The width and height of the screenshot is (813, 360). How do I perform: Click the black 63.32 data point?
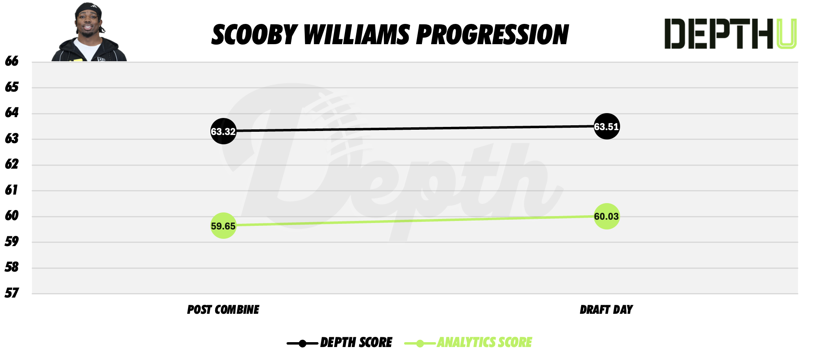223,131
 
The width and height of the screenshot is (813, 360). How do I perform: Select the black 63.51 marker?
606,126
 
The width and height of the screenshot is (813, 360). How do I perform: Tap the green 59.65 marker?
223,225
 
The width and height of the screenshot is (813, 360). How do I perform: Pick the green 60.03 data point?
606,216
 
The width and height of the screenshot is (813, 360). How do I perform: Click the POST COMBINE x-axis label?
223,310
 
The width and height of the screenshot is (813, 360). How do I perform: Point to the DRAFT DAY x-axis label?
606,310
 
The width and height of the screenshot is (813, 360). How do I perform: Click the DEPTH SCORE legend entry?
356,343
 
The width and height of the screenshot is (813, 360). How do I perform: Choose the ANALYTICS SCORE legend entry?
484,343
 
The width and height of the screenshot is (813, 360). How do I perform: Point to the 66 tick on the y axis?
12,61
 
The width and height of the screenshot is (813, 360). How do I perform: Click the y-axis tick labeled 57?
12,293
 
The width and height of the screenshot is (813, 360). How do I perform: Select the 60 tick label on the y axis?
12,216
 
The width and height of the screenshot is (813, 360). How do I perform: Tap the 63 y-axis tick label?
12,139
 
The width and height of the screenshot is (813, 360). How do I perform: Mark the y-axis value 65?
12,87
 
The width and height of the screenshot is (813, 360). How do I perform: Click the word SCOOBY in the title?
255,35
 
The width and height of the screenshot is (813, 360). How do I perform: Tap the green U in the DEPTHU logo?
786,34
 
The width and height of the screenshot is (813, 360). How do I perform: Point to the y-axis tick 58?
12,267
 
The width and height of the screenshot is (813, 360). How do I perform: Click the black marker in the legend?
302,344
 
